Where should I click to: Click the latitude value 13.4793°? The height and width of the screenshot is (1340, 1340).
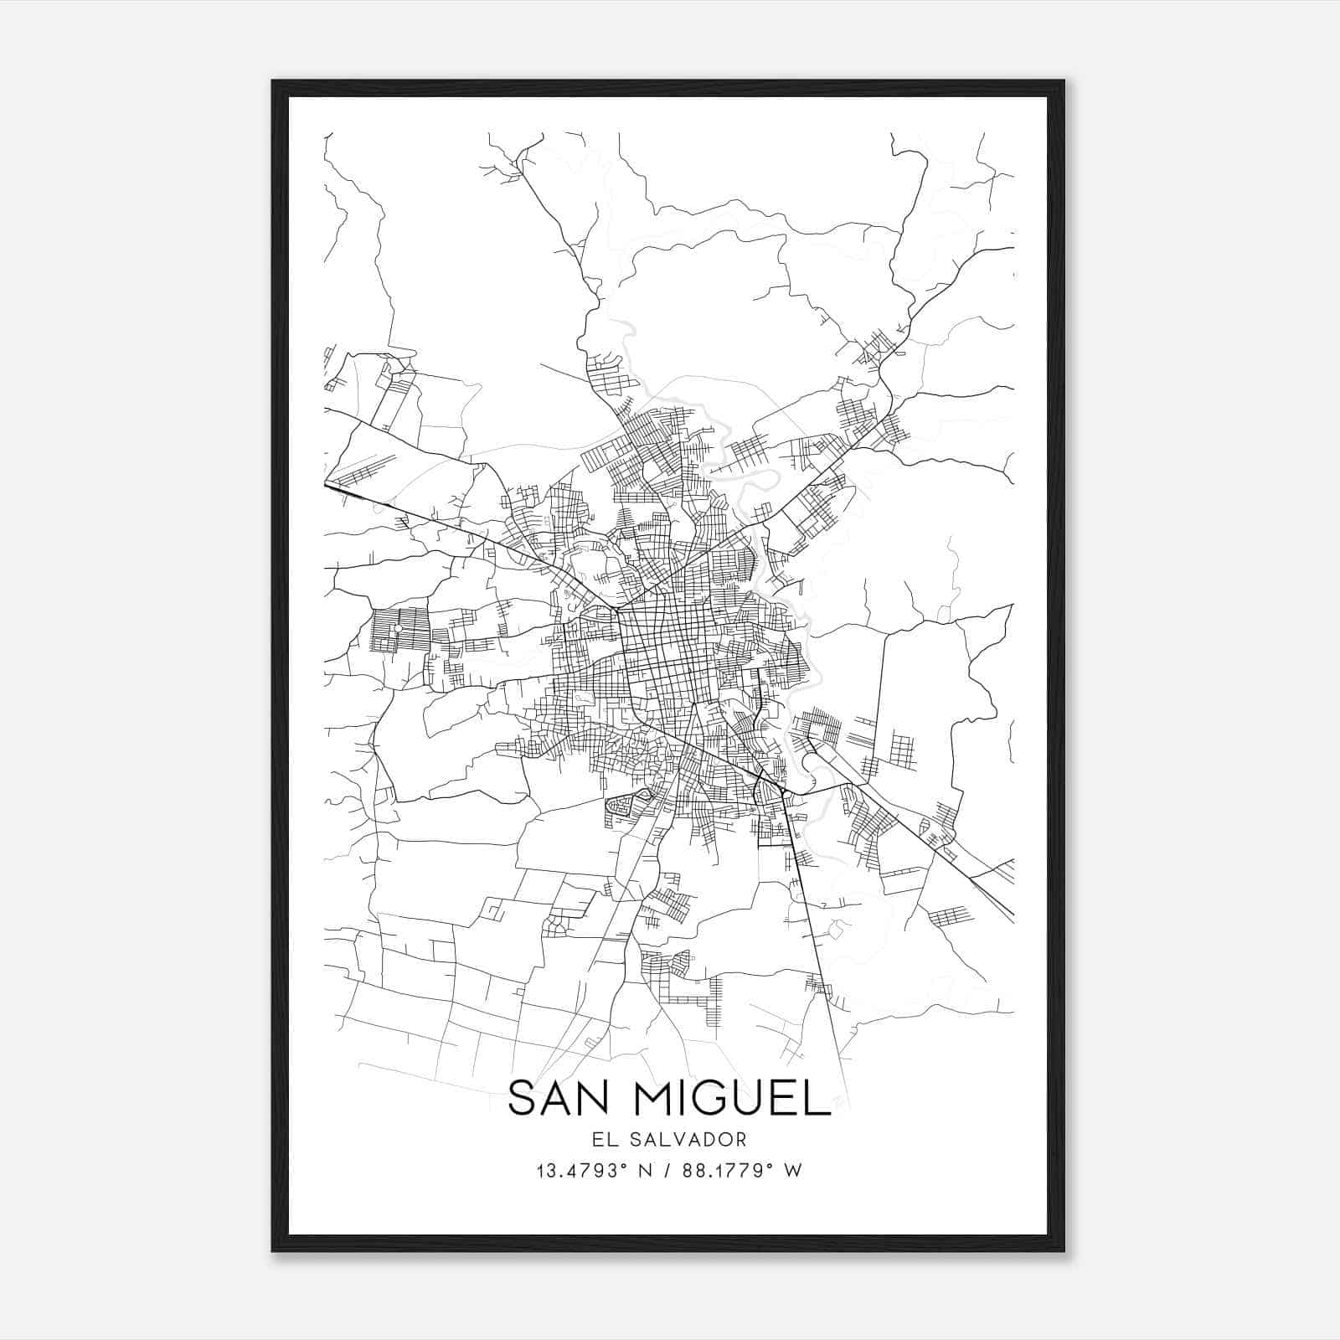click(583, 1171)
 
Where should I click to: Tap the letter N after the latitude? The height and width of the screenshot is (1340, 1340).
click(645, 1171)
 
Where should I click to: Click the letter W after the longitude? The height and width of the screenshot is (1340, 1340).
click(793, 1171)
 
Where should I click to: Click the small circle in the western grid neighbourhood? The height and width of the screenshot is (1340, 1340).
click(399, 628)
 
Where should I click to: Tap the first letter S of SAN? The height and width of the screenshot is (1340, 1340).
click(521, 1098)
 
